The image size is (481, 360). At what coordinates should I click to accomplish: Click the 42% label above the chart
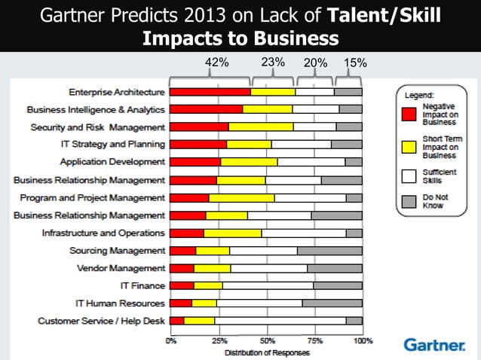pyautogui.click(x=217, y=63)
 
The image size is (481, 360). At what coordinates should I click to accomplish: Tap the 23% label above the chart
pyautogui.click(x=272, y=63)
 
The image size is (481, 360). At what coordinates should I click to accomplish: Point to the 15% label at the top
pyautogui.click(x=355, y=63)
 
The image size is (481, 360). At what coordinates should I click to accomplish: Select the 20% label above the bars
pyautogui.click(x=314, y=63)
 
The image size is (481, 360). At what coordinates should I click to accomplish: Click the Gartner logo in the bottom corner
pyautogui.click(x=434, y=345)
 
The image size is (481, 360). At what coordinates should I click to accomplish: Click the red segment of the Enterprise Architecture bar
pyautogui.click(x=210, y=92)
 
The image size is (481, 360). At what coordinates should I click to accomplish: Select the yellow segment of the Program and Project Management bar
pyautogui.click(x=241, y=197)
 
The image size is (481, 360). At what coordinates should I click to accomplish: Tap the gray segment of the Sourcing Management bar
pyautogui.click(x=329, y=251)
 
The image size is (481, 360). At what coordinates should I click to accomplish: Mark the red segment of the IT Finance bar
pyautogui.click(x=182, y=285)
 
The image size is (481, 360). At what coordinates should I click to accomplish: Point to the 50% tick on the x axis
pyautogui.click(x=266, y=340)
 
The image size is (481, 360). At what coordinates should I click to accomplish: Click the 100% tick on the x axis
pyautogui.click(x=362, y=340)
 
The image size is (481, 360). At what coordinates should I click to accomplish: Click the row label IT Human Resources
pyautogui.click(x=120, y=304)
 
